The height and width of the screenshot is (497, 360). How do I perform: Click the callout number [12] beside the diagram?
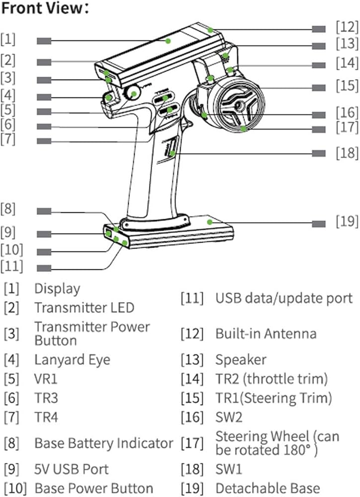(x=347, y=25)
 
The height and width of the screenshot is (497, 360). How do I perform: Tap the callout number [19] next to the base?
(x=347, y=220)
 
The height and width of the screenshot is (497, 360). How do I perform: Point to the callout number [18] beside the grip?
(x=347, y=153)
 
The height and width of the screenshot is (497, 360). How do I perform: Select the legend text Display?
(x=57, y=288)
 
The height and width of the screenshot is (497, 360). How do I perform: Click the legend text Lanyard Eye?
(x=73, y=359)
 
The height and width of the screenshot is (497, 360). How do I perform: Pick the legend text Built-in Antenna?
(x=266, y=333)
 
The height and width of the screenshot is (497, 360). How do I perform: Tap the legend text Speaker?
(x=241, y=359)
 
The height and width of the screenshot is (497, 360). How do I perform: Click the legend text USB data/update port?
(x=283, y=298)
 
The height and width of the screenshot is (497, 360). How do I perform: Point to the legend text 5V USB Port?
(x=72, y=469)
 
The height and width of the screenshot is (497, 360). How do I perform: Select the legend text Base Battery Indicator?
(x=103, y=443)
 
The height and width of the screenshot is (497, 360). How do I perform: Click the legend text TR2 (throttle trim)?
(x=271, y=379)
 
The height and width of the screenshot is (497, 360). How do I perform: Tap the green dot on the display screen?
(x=169, y=40)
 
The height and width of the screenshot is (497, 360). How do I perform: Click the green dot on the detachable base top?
(x=210, y=221)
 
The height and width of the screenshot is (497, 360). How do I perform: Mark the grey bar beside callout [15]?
(x=319, y=87)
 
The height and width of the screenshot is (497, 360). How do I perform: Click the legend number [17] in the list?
(x=192, y=442)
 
